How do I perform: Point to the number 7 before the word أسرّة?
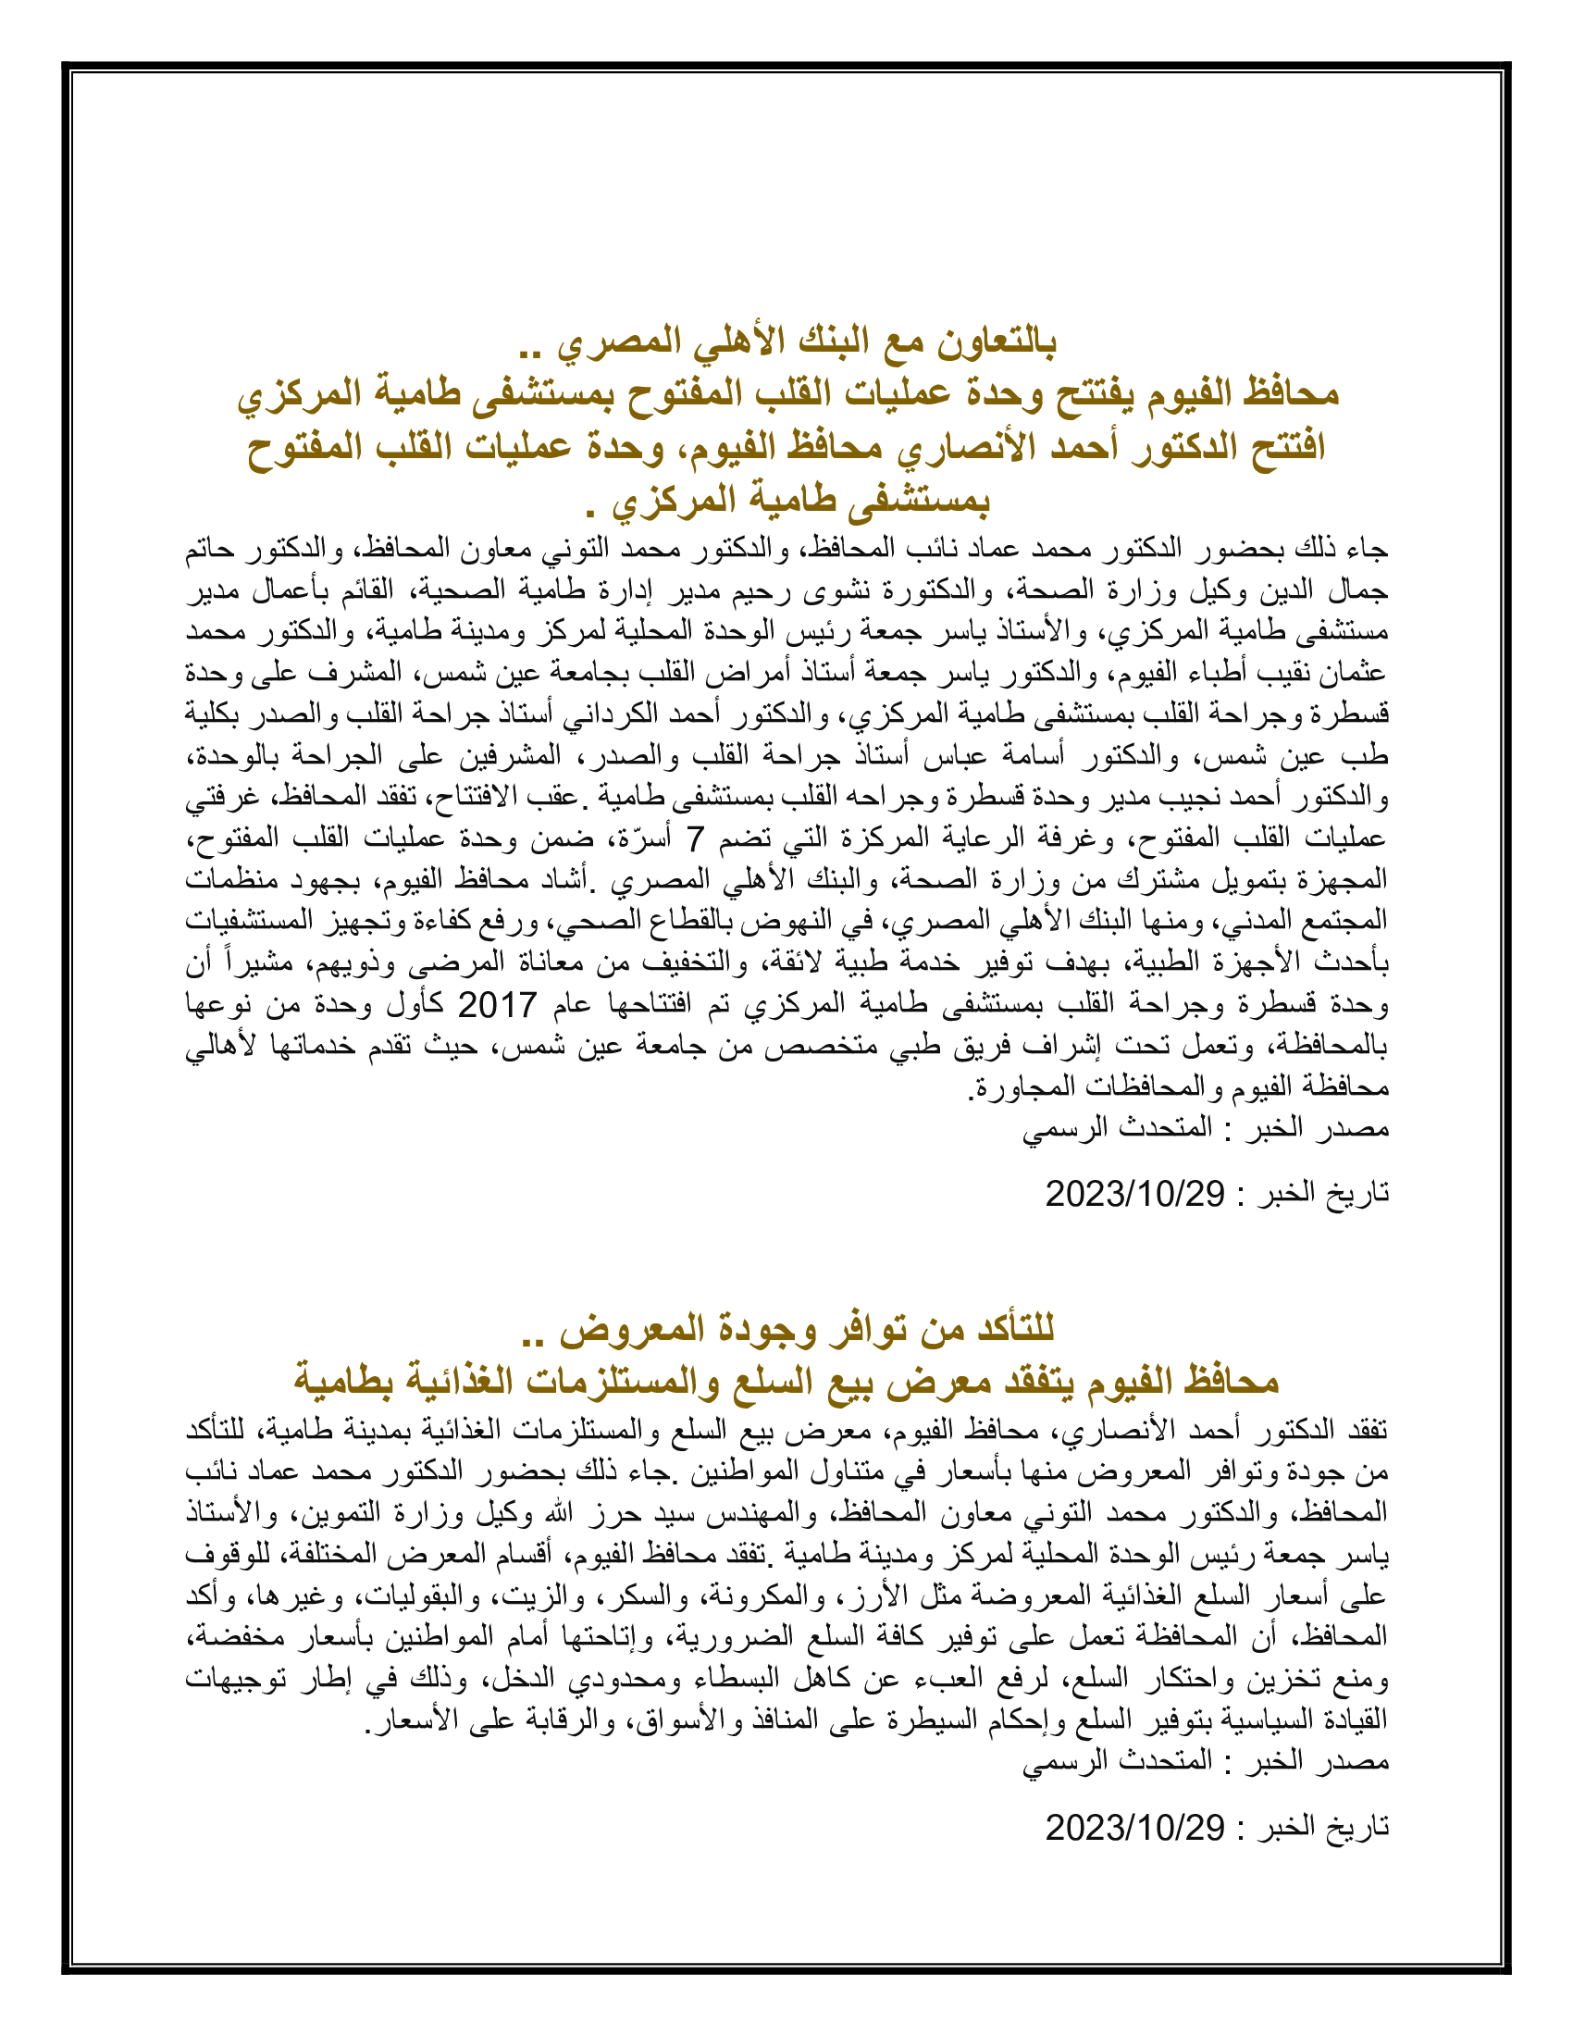[x=695, y=840]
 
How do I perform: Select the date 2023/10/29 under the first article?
[x=1134, y=1193]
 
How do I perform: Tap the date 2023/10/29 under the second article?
[x=1134, y=1827]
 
